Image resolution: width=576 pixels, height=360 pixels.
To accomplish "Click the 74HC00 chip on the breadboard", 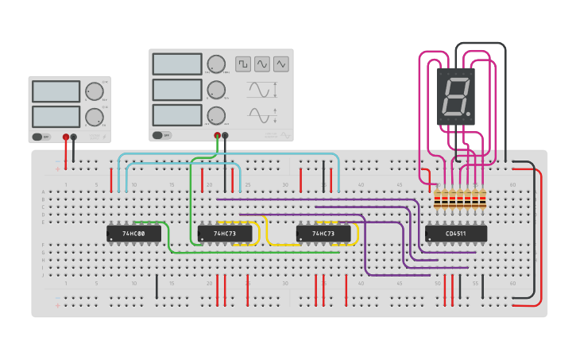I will click(133, 234).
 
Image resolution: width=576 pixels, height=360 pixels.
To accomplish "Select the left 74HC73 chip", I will click(225, 234).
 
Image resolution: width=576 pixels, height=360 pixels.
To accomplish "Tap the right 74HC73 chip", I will click(323, 234).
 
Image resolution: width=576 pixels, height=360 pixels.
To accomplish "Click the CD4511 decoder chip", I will click(456, 234).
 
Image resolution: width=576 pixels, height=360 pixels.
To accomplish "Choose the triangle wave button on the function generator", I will click(281, 64).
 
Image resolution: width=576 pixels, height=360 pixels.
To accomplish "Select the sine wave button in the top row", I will click(261, 64).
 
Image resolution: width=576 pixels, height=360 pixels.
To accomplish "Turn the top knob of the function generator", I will click(215, 64).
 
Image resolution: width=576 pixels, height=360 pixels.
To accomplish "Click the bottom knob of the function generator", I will click(215, 115).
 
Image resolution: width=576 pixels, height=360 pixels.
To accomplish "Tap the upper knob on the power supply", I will click(94, 91).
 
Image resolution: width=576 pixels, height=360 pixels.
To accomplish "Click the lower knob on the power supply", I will click(94, 117).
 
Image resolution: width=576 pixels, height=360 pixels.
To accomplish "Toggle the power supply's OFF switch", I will click(41, 137).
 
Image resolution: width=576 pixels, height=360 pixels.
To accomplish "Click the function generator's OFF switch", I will click(161, 135).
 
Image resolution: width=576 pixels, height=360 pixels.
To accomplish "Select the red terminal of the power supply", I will click(66, 137).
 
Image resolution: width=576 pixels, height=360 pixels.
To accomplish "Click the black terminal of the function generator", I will click(225, 135).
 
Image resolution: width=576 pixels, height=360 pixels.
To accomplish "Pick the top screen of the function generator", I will click(177, 64).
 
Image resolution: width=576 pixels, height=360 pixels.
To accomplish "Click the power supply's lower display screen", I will click(56, 117).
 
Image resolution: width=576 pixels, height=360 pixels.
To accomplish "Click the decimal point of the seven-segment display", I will click(469, 113).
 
